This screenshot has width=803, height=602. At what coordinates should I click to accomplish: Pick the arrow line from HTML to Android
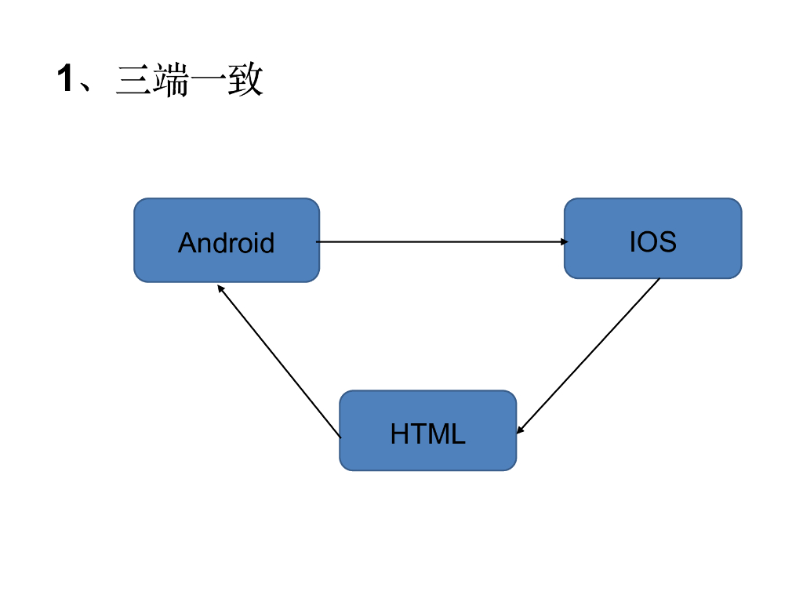(x=279, y=361)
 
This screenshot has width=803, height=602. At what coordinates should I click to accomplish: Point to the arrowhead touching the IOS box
(x=565, y=242)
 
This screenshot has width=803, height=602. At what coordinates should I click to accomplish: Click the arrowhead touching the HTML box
(x=520, y=430)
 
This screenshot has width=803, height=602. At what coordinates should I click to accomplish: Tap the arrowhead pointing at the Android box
(x=221, y=288)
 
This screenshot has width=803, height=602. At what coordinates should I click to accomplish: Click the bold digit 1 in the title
(x=66, y=79)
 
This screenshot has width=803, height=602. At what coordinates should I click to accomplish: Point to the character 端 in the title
(x=171, y=81)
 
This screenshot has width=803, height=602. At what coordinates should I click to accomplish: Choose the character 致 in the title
(x=245, y=81)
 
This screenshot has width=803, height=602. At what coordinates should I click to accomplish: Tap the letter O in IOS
(x=647, y=241)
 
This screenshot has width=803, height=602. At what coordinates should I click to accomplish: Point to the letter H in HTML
(x=399, y=433)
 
